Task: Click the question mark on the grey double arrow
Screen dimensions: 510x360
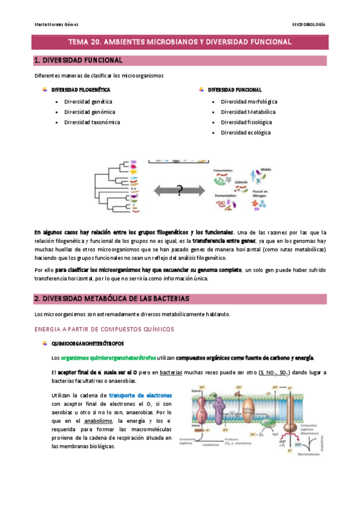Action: (x=179, y=191)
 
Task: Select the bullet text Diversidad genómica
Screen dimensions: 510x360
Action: (x=90, y=112)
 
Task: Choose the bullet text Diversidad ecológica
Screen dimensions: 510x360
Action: (x=245, y=132)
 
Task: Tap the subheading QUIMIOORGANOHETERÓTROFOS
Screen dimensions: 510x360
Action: (x=91, y=343)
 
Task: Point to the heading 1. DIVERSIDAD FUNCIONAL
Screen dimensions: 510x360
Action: (x=78, y=61)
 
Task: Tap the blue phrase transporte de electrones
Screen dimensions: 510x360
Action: (x=140, y=395)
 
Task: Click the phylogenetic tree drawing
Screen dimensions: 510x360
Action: (x=114, y=187)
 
